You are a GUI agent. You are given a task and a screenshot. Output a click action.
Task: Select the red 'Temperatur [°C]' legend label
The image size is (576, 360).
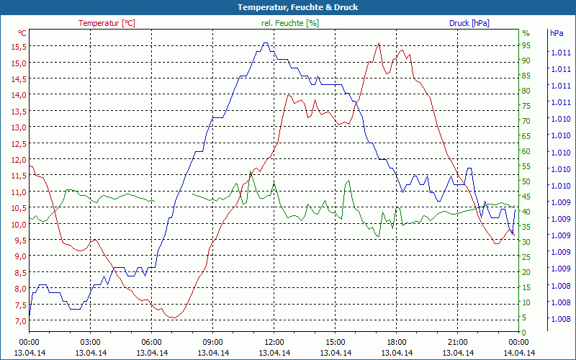pos(107,23)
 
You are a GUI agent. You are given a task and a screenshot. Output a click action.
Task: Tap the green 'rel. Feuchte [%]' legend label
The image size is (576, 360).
pos(290,23)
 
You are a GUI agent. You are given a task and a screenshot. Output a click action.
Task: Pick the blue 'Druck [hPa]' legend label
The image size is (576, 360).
pos(469,23)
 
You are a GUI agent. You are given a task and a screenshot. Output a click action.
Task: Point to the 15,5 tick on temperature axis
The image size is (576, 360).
pos(19,46)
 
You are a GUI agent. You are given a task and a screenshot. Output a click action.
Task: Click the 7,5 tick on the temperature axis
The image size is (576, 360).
pos(19,305)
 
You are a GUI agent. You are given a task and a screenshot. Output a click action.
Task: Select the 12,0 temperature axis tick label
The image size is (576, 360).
pos(19,159)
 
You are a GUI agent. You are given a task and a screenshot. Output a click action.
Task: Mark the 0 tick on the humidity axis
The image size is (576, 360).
pos(524,333)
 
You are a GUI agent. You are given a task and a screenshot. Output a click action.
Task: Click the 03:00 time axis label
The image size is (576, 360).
pos(90,342)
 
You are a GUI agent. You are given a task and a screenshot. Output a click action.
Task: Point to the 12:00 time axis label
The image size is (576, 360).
pos(274,342)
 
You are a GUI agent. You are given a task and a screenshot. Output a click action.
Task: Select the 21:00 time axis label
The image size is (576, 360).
pos(457,342)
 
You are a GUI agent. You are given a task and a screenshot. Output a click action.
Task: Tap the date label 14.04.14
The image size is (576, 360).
pos(518,353)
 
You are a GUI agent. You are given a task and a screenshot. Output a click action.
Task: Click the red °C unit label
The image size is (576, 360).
pos(22,33)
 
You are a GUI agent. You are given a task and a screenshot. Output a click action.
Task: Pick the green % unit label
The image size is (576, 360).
pos(526,33)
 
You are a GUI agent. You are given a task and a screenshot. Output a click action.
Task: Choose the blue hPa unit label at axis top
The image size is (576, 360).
pos(557,33)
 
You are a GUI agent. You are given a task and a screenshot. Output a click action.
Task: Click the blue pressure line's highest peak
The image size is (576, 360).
pos(266,42)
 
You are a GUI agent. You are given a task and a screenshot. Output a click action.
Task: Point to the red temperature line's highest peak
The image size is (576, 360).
pos(379,43)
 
